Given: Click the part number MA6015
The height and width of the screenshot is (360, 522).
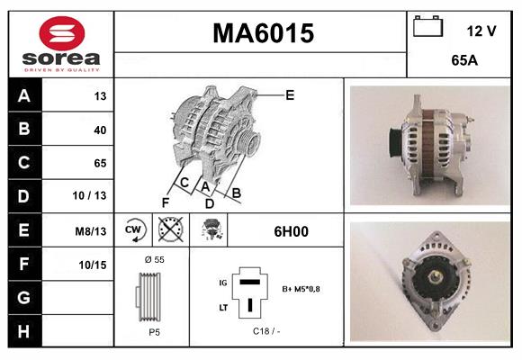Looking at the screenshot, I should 263,34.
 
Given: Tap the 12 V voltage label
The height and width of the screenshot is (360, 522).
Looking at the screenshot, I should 481,31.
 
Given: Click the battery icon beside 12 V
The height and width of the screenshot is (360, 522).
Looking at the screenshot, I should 427,28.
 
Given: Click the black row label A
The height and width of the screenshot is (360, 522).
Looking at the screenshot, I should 25,96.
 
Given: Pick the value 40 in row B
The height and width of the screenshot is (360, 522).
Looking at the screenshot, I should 100,130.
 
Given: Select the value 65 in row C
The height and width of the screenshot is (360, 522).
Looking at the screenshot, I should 100,163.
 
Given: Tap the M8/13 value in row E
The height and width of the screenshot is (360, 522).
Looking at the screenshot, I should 92,231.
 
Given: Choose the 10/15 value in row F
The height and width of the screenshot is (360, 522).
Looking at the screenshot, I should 93,264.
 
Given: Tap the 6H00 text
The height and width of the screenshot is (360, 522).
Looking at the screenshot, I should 291,231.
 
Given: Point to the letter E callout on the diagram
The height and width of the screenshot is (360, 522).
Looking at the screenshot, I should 290,94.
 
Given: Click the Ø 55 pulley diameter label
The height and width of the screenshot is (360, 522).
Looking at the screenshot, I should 153,259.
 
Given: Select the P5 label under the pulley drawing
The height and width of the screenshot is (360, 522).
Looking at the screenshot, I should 153,330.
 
